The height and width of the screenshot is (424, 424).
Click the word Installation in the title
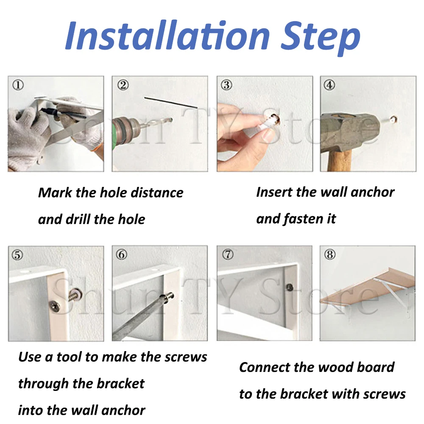[x=167, y=35]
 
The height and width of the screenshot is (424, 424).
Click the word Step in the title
[x=321, y=38]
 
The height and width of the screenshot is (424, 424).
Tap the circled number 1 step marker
[x=18, y=85]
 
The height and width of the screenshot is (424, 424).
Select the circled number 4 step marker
[x=329, y=85]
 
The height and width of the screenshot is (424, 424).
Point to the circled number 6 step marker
[x=121, y=254]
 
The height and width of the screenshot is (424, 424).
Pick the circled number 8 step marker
[x=330, y=254]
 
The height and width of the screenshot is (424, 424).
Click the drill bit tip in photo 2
[x=171, y=119]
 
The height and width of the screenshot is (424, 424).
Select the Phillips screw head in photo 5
[x=56, y=307]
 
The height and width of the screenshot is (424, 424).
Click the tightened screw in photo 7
[x=289, y=287]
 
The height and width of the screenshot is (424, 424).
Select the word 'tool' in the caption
[x=69, y=357]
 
